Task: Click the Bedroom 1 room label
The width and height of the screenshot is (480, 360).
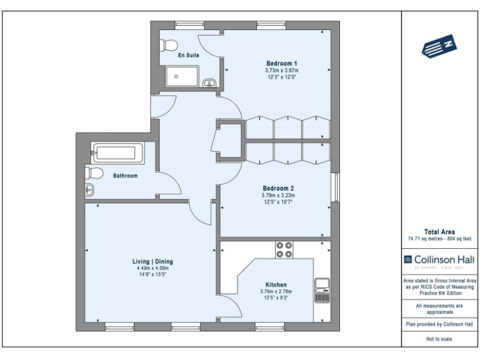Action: (282, 63)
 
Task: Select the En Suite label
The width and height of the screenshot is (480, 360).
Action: (189, 56)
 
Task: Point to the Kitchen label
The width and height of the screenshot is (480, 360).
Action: (276, 284)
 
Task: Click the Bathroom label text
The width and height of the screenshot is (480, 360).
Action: (125, 176)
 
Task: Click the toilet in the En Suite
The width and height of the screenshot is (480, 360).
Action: (168, 44)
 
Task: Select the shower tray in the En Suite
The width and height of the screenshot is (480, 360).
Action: (182, 77)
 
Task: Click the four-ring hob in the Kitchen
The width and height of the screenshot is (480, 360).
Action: (284, 249)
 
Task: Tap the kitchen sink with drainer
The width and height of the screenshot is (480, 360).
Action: (322, 290)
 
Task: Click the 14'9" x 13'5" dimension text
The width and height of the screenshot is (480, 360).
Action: (155, 275)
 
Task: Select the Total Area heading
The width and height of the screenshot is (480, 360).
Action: (440, 231)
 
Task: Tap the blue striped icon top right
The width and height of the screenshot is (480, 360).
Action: (439, 47)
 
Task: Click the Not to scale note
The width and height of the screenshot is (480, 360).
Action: (440, 339)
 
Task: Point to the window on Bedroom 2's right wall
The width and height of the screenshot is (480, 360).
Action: (334, 186)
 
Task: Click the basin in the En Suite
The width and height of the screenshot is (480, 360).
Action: (211, 82)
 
